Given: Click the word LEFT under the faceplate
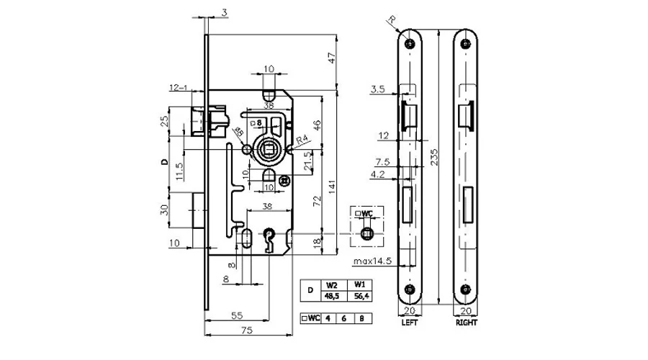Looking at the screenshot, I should [409, 323].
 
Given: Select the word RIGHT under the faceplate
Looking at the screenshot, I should [467, 323].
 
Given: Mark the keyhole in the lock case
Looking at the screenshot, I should [272, 237].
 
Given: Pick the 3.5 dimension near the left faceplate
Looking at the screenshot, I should [377, 90].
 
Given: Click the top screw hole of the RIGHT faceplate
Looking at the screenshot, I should [468, 43].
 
